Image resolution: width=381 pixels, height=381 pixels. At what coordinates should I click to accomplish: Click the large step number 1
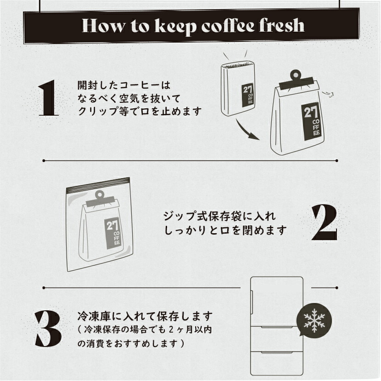(48, 98)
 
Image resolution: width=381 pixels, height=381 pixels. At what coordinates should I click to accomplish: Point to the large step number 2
(325, 223)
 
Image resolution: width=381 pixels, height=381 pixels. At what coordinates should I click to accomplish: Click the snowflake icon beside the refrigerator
(314, 321)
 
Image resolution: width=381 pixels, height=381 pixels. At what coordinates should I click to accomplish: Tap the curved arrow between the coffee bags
(245, 131)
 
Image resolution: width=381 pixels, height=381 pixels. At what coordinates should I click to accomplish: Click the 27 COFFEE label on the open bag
(248, 95)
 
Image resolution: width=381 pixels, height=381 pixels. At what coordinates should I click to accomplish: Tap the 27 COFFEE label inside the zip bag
(113, 233)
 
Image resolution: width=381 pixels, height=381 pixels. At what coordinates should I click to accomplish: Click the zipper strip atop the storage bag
(98, 184)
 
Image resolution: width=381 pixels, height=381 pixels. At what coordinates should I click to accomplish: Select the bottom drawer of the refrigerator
(277, 363)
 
